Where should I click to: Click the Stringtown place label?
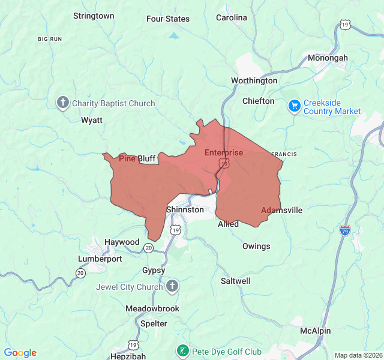point(94,16)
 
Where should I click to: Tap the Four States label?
point(168,19)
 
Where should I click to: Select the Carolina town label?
point(232,17)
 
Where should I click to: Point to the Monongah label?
point(328,58)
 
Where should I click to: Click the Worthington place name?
point(254,80)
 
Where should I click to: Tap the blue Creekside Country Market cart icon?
point(294,106)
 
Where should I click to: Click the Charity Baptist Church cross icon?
point(62,103)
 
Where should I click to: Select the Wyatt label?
point(92,120)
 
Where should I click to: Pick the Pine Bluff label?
point(137,158)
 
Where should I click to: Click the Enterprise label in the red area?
point(224,152)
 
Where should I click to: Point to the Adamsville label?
point(281,210)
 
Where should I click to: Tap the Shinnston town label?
point(185,209)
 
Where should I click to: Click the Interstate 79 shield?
point(344,230)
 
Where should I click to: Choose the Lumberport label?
point(100,259)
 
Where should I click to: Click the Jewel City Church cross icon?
point(172,286)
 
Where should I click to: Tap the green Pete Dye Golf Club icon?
point(182,350)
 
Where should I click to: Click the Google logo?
point(20,353)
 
